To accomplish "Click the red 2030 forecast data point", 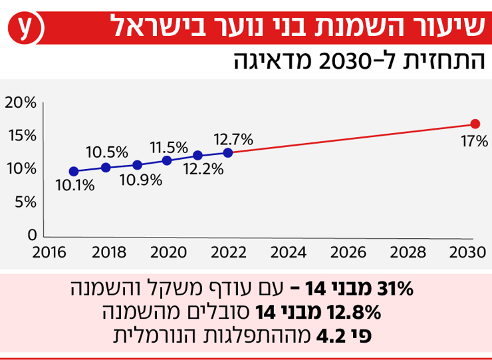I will (475, 124).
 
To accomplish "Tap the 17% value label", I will (475, 141).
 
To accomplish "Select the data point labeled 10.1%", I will (74, 172).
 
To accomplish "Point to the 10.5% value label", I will (106, 152).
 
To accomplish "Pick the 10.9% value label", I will (138, 180).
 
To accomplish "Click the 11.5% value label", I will (168, 146).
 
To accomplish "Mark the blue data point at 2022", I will (228, 152).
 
